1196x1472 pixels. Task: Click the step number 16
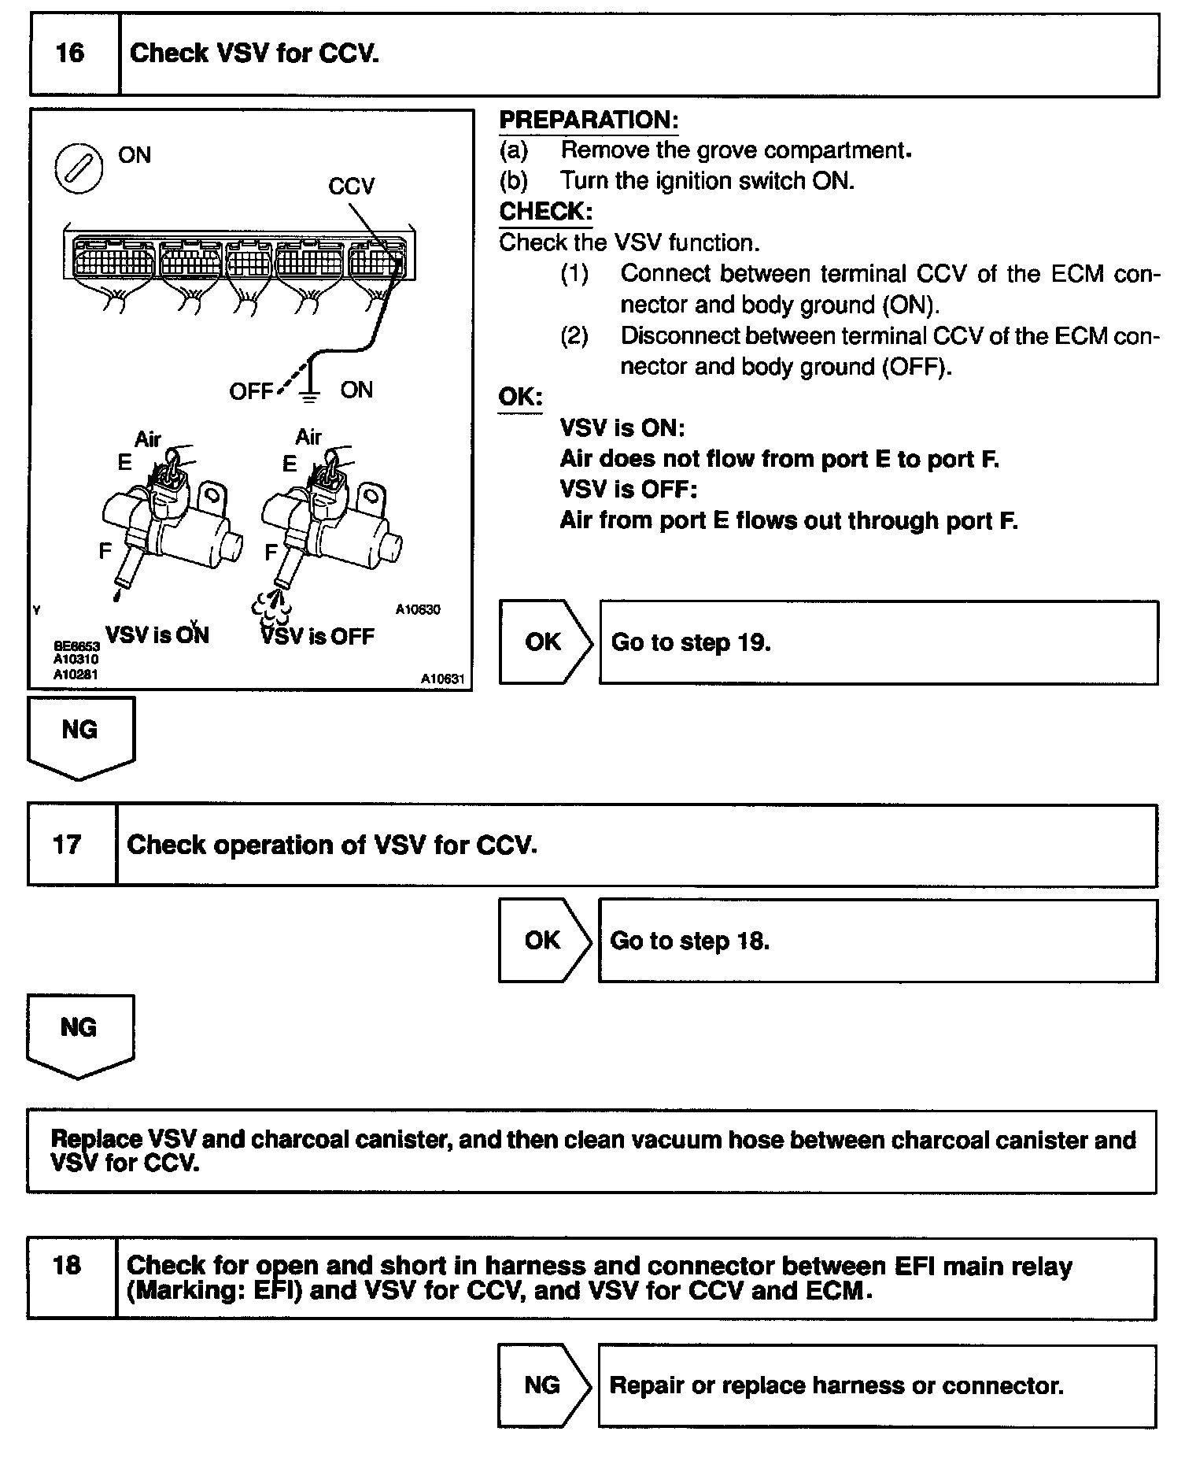tap(70, 54)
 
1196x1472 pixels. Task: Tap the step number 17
tap(67, 845)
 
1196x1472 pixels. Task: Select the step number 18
tap(67, 1265)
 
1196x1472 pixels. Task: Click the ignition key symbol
tap(79, 169)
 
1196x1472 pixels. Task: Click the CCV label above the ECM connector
tap(351, 187)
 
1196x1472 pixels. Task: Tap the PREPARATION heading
tap(589, 120)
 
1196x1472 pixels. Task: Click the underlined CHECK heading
tap(545, 212)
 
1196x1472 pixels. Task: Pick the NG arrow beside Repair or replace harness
tap(543, 1385)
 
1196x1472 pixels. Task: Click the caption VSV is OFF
tap(318, 636)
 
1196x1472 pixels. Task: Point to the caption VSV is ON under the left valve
tap(157, 635)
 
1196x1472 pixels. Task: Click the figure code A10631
tap(442, 679)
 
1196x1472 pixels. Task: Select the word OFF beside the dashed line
tap(250, 391)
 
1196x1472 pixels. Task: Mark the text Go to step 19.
tap(690, 642)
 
